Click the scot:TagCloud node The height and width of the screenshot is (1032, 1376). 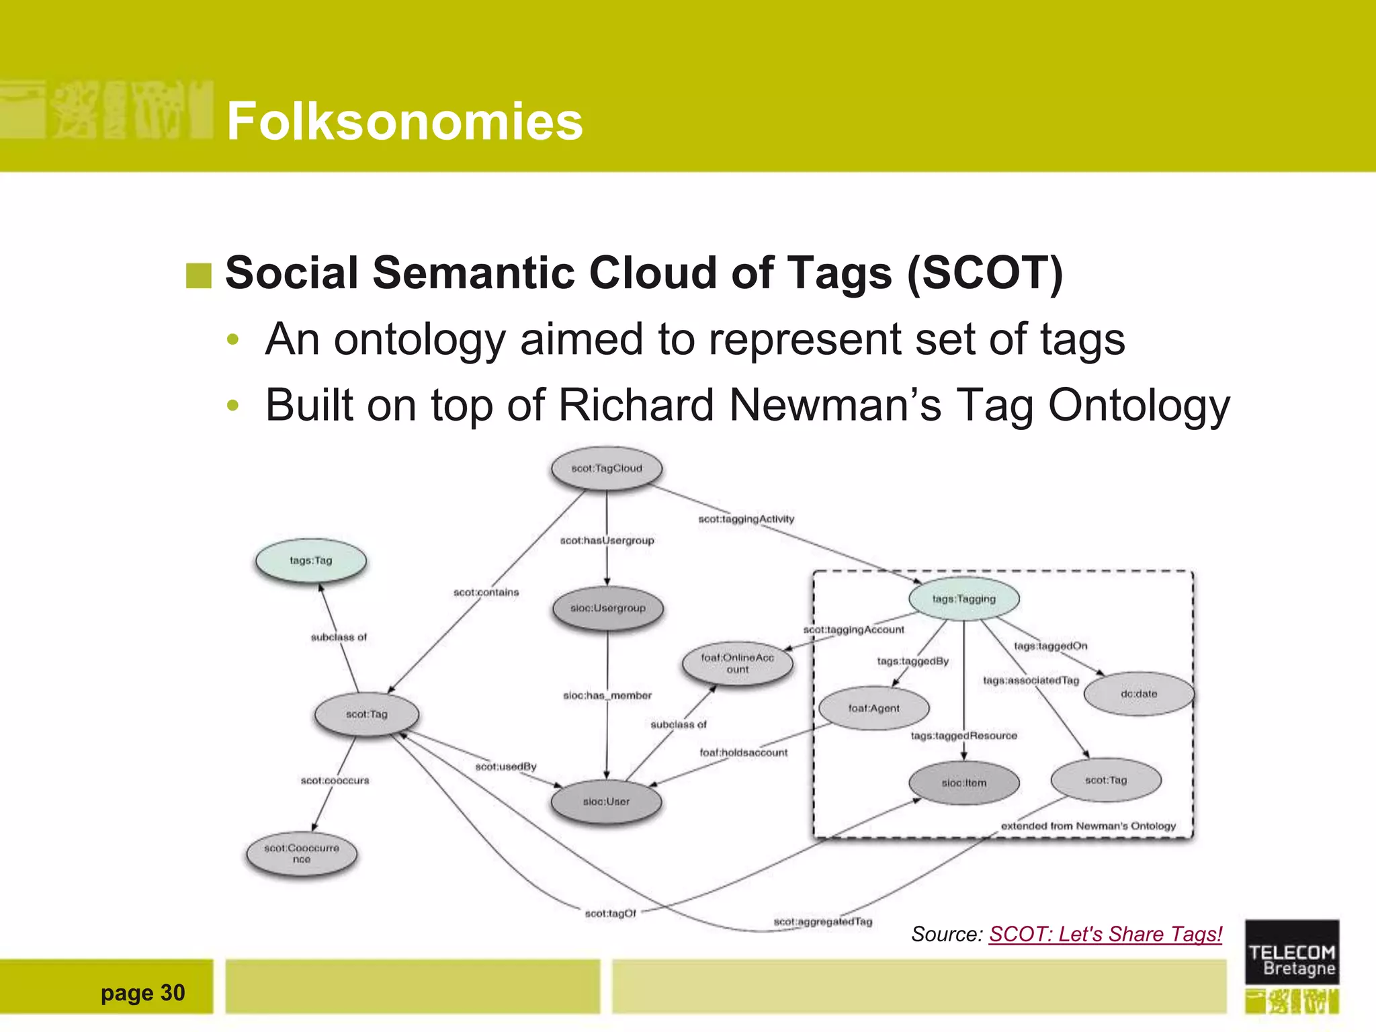tap(607, 468)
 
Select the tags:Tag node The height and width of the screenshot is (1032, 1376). tap(311, 560)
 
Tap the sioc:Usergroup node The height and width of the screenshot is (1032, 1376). tap(607, 608)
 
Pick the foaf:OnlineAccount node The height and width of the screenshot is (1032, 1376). tap(737, 663)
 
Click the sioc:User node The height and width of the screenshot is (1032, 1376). tap(606, 802)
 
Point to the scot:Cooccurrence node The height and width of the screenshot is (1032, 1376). tap(302, 854)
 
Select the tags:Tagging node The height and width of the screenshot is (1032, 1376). tap(963, 599)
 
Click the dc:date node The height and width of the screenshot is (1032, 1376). tap(1139, 694)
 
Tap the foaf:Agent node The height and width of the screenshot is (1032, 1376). tap(873, 708)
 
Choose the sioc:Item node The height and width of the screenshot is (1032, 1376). tap(963, 783)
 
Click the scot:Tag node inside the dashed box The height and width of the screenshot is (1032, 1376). tap(1106, 780)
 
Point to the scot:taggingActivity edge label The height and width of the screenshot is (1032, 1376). tap(746, 519)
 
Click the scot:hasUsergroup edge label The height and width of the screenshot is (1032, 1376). tap(607, 540)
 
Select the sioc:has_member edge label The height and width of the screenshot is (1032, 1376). tap(607, 695)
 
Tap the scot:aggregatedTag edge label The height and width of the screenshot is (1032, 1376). tap(822, 921)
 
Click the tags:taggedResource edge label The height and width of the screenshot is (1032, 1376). tap(963, 736)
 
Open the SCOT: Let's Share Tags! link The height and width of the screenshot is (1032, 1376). tap(1105, 934)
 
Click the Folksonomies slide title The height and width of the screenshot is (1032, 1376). tap(404, 121)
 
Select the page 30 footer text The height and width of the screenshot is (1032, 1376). tap(142, 992)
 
